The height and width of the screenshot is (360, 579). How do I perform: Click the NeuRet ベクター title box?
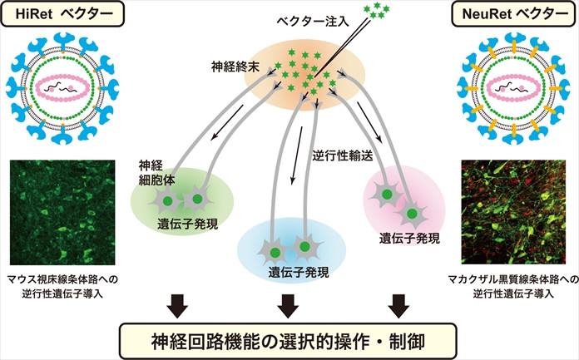click(x=514, y=15)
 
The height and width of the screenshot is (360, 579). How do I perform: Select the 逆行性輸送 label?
click(x=345, y=155)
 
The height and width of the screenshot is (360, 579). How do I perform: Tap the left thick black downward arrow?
click(x=176, y=304)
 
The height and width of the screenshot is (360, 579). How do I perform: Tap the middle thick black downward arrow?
click(x=288, y=304)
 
